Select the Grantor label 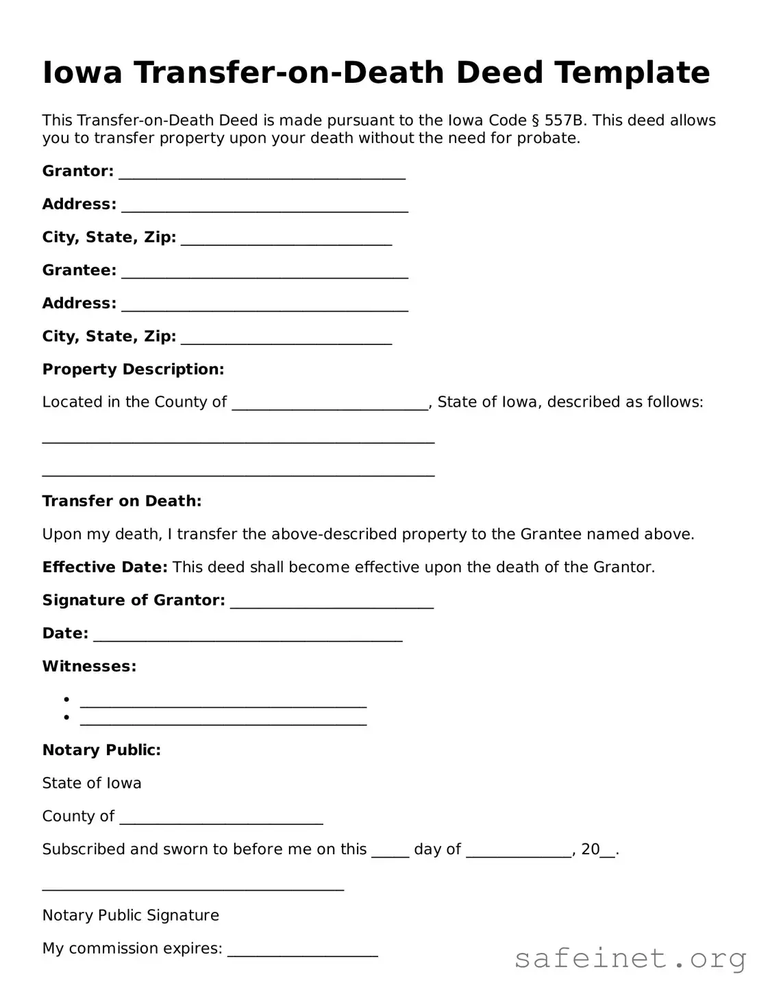pos(77,171)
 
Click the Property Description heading pos(133,370)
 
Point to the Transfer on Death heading pos(122,501)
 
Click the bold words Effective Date pos(105,567)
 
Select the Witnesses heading pos(89,667)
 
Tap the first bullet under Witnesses pos(67,700)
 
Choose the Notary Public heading pos(101,750)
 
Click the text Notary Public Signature pos(130,916)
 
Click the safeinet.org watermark pos(630,958)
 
